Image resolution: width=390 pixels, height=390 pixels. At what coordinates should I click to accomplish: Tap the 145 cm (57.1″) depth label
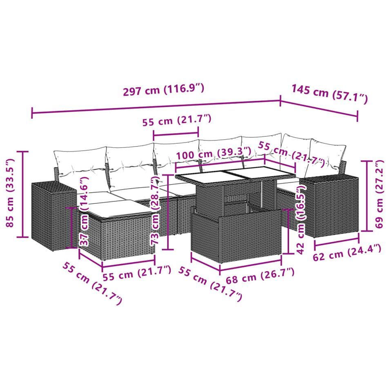pyautogui.click(x=329, y=94)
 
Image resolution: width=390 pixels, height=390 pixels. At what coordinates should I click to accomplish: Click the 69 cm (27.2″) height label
pyautogui.click(x=380, y=194)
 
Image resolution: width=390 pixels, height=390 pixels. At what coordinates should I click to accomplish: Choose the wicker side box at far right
pyautogui.click(x=332, y=204)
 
